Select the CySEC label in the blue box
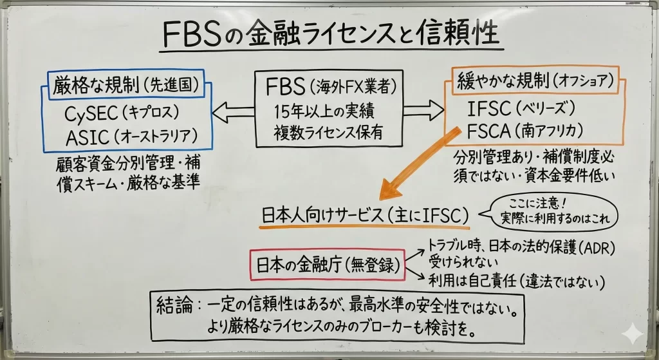pos(93,114)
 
